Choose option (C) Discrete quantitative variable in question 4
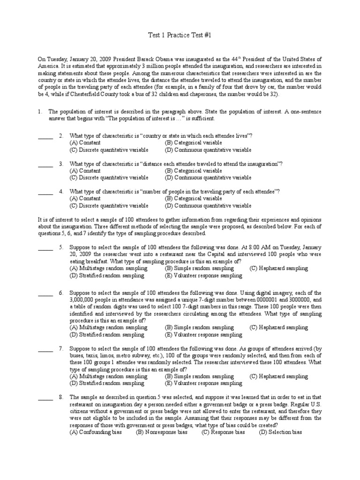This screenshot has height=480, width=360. (x=109, y=205)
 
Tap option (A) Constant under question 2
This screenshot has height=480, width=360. (x=85, y=142)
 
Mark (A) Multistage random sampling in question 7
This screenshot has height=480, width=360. (x=108, y=376)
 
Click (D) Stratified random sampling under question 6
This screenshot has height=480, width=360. (x=107, y=335)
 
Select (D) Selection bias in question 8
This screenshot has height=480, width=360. (x=280, y=432)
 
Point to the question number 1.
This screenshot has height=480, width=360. (x=41, y=112)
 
